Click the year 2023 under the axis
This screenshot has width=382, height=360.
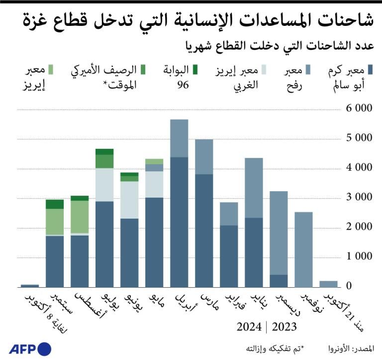[284, 327]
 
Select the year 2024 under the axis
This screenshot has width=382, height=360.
[249, 327]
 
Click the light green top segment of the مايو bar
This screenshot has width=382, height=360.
[154, 161]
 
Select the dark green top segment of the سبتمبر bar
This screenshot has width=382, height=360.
[55, 204]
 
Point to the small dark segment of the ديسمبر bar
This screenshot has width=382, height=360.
[279, 281]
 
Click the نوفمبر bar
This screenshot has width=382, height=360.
[303, 249]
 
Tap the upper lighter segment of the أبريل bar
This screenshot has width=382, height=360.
[179, 138]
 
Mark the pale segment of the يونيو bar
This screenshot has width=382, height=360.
[129, 200]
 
